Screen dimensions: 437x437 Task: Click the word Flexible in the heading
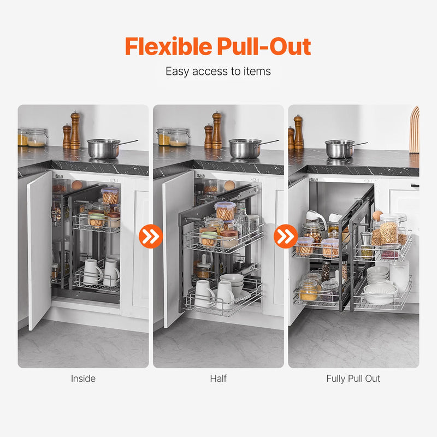(169, 46)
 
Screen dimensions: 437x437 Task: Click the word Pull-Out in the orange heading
(264, 46)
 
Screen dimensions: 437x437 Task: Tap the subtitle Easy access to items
(218, 72)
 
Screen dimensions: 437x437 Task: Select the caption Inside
(83, 379)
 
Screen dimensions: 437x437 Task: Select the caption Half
(218, 379)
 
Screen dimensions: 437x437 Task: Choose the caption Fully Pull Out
(353, 379)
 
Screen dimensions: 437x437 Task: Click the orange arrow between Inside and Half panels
(151, 237)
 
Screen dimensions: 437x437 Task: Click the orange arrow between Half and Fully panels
(286, 237)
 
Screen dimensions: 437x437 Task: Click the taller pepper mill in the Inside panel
(75, 131)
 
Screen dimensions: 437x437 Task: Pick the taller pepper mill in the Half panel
(217, 131)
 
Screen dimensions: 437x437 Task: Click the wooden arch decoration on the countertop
(415, 130)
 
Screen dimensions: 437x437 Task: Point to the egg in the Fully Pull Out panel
(377, 215)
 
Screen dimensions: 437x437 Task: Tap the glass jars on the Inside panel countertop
(32, 137)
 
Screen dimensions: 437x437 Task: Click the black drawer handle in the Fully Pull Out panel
(415, 185)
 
